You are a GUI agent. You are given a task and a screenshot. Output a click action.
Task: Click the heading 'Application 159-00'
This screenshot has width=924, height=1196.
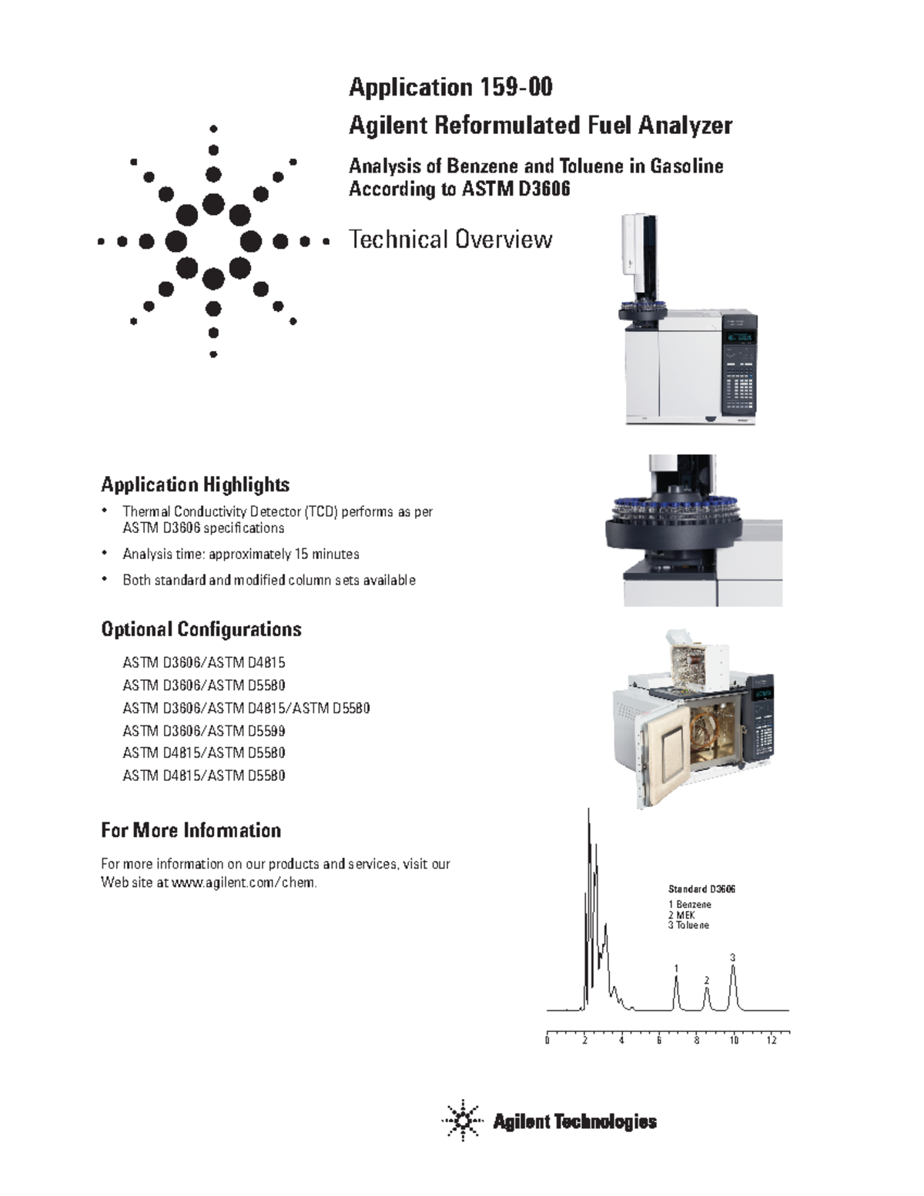point(450,87)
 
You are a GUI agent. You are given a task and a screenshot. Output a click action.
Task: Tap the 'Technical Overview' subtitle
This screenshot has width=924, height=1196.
point(450,240)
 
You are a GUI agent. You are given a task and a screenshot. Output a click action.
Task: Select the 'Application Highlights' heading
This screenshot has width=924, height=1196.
point(195,484)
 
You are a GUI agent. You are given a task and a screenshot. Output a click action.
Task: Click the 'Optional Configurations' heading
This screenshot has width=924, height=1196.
point(201,629)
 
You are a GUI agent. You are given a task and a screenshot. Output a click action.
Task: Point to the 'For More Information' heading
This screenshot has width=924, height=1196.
point(191,830)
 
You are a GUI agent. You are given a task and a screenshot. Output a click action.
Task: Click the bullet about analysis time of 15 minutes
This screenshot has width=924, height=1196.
point(240,554)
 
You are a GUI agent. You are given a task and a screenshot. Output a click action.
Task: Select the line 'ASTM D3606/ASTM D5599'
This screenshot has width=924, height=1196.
point(204,730)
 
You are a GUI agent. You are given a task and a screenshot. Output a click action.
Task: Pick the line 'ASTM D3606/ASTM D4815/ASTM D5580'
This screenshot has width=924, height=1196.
point(246,708)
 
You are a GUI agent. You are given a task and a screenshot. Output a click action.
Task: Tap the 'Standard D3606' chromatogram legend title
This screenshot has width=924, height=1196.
point(701,889)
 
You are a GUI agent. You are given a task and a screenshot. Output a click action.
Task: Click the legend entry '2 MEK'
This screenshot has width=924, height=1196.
point(681,915)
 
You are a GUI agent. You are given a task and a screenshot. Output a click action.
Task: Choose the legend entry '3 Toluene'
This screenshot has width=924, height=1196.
point(688,925)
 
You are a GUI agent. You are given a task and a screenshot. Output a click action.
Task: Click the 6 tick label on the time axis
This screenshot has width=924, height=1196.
point(659,1040)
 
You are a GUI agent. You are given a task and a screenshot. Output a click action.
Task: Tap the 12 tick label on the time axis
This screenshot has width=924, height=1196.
point(772,1040)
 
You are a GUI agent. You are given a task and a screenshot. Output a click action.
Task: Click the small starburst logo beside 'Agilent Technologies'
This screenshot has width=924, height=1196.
point(462,1121)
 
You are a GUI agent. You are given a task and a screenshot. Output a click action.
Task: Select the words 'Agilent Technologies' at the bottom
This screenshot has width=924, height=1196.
point(574,1122)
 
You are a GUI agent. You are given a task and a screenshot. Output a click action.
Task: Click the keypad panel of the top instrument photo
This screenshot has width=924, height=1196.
point(739,377)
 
